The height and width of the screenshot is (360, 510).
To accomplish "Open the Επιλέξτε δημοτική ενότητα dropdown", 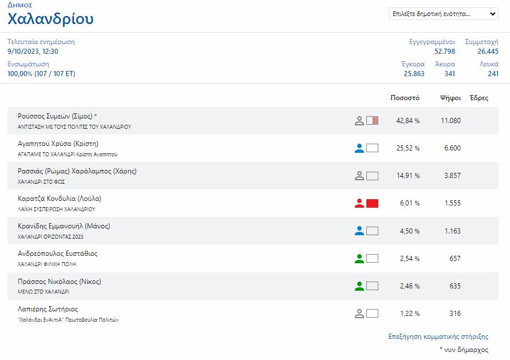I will (443, 14).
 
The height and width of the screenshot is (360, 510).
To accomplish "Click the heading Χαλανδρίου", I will (50, 19).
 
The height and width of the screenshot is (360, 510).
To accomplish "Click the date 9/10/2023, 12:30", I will (33, 52).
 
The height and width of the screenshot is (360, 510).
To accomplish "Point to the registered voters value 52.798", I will (444, 52).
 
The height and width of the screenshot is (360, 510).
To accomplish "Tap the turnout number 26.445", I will (488, 52).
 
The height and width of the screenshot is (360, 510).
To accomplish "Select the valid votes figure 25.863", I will (414, 74).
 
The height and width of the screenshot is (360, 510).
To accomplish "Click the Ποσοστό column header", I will (405, 98).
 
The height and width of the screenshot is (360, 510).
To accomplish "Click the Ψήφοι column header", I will (450, 98).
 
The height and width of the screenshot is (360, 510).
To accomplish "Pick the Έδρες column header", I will (479, 98).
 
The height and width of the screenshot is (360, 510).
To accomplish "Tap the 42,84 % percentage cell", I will (408, 121).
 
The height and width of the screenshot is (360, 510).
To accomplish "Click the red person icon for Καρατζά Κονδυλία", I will (359, 203).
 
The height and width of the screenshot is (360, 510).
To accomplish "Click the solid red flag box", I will (372, 203).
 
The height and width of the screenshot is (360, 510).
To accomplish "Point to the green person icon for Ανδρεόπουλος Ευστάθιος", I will (359, 259).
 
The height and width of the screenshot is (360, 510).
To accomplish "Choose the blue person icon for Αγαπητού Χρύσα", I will (359, 148).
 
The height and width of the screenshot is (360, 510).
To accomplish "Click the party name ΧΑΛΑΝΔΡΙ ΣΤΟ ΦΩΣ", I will (41, 182).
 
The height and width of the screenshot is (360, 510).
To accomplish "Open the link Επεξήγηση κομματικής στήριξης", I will (438, 337).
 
